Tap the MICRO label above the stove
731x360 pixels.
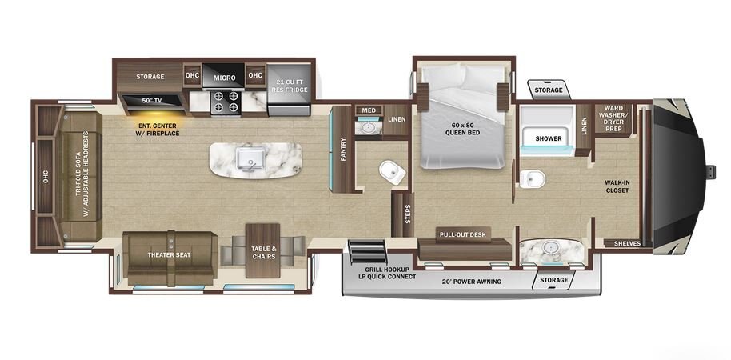(x=224, y=78)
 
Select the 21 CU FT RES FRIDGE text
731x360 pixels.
(x=288, y=85)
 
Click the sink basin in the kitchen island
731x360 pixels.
(x=250, y=158)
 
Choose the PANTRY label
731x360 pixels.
(x=343, y=150)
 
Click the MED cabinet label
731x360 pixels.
(x=368, y=110)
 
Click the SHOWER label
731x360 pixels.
(x=549, y=138)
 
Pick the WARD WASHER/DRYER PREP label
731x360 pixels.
(x=613, y=118)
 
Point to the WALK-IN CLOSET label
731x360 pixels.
(x=617, y=186)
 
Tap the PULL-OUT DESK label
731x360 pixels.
(x=463, y=234)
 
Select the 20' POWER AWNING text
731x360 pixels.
(x=471, y=281)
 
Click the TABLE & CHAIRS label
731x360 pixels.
(x=264, y=252)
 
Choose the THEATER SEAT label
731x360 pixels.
(x=170, y=255)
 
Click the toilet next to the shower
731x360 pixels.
(x=532, y=178)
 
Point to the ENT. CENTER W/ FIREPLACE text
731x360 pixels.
(x=158, y=129)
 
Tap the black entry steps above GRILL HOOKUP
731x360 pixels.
(x=368, y=252)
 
